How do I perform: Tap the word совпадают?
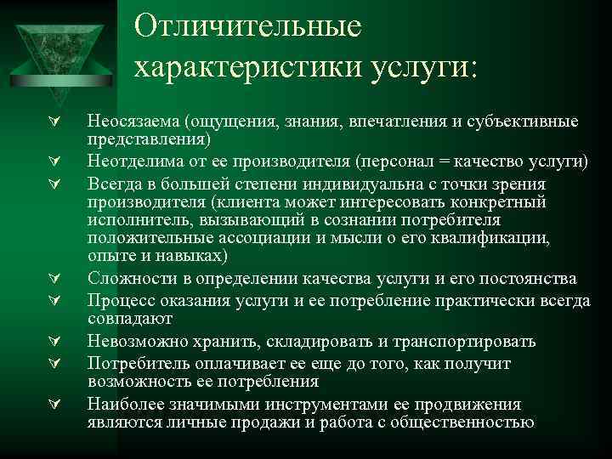129,319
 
